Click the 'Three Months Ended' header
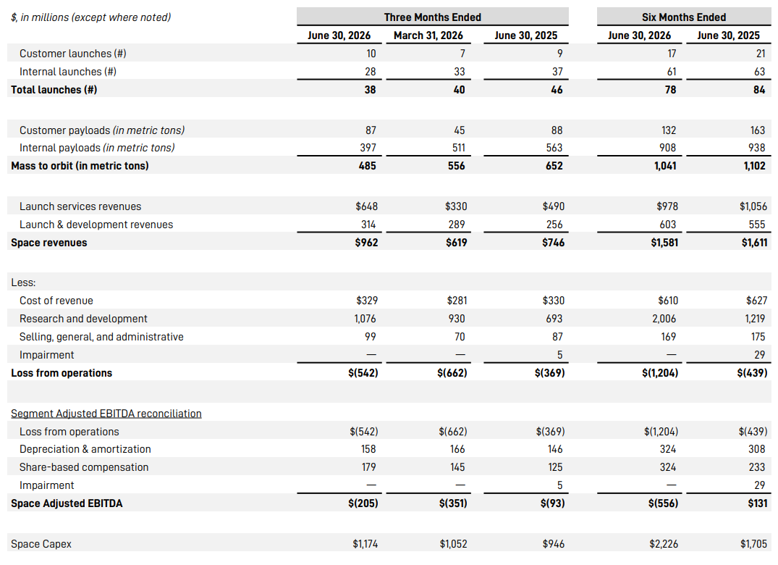[432, 17]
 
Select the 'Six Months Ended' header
[684, 17]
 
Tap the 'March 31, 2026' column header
[428, 35]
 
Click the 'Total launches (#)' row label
[54, 90]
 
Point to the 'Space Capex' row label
[41, 544]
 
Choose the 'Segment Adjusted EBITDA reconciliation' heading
[106, 414]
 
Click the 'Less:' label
[23, 282]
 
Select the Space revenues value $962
[367, 243]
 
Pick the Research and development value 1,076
[365, 319]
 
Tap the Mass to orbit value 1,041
[665, 166]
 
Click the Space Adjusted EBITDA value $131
[758, 503]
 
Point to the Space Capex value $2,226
[664, 544]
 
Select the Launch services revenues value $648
[367, 206]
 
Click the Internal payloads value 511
[459, 148]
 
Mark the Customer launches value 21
[761, 54]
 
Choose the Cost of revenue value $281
[457, 301]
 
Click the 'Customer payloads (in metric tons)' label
[102, 130]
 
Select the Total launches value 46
[557, 90]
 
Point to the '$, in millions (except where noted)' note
[90, 17]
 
